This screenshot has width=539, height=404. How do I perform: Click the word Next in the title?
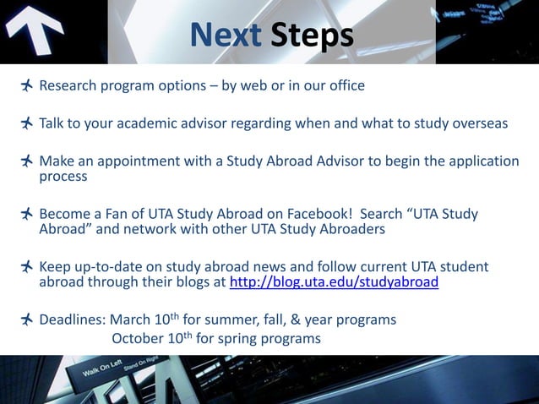pyautogui.click(x=226, y=35)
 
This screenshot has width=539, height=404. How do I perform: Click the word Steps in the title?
pyautogui.click(x=312, y=35)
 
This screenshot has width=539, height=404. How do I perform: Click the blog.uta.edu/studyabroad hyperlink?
pyautogui.click(x=334, y=282)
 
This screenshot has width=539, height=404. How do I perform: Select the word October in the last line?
pyautogui.click(x=140, y=339)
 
